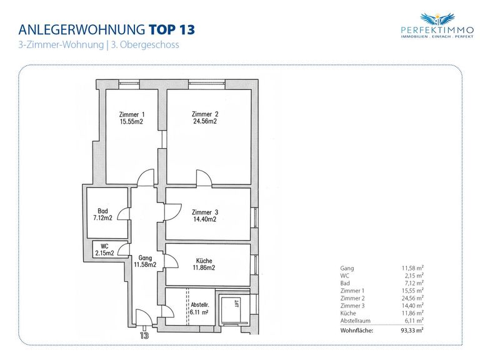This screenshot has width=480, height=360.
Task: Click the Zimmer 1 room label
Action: point(132,114)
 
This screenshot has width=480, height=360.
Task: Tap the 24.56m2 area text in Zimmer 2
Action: point(205,121)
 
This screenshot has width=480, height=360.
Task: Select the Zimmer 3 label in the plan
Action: point(205,212)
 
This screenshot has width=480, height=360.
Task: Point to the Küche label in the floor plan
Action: point(204,261)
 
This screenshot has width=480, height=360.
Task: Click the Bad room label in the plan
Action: point(103,211)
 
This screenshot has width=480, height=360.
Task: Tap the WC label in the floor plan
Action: point(104,246)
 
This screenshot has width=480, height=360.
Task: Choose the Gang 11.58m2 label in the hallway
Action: point(145,261)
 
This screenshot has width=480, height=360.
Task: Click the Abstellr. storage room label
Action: point(199,305)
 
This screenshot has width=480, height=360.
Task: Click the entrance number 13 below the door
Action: point(144,336)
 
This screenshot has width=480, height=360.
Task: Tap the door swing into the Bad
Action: point(124,214)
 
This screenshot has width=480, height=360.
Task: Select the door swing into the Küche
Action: point(171,261)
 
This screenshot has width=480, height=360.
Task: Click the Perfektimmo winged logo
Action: point(437,19)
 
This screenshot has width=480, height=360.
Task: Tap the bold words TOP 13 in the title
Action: point(172,30)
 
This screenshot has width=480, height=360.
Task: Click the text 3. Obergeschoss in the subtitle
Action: point(145,45)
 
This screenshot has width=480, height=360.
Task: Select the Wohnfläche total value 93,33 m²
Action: point(412,330)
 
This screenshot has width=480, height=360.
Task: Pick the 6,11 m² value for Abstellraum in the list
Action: point(414,321)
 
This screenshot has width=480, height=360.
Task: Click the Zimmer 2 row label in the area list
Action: point(352,298)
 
